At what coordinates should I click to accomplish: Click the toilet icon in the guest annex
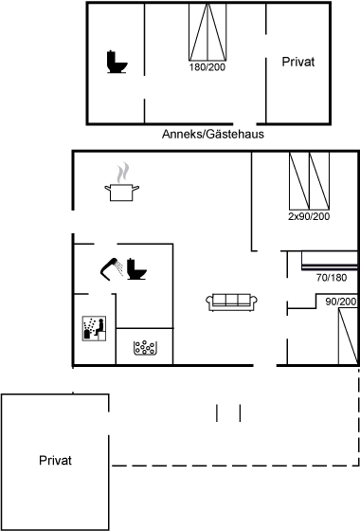pyautogui.click(x=117, y=62)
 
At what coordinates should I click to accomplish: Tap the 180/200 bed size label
pyautogui.click(x=207, y=67)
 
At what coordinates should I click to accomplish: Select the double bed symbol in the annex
pyautogui.click(x=207, y=32)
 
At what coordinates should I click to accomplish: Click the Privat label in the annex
pyautogui.click(x=298, y=62)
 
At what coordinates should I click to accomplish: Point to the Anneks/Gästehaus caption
pyautogui.click(x=213, y=134)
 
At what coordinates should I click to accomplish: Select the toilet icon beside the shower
pyautogui.click(x=136, y=269)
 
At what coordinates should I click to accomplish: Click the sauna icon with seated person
pyautogui.click(x=94, y=328)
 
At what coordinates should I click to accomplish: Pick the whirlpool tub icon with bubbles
pyautogui.click(x=145, y=347)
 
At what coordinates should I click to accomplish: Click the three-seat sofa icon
pyautogui.click(x=232, y=302)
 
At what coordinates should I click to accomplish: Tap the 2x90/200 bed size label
pyautogui.click(x=309, y=216)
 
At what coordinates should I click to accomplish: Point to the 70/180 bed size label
pyautogui.click(x=332, y=278)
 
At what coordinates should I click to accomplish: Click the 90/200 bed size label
pyautogui.click(x=341, y=302)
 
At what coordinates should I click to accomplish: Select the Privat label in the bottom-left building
pyautogui.click(x=55, y=460)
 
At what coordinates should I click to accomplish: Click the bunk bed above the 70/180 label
pyautogui.click(x=330, y=261)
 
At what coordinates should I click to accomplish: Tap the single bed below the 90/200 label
pyautogui.click(x=349, y=336)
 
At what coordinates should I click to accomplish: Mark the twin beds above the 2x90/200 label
pyautogui.click(x=309, y=181)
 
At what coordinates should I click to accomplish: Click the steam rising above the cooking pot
pyautogui.click(x=123, y=173)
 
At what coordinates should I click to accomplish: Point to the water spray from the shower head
pyautogui.click(x=118, y=267)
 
